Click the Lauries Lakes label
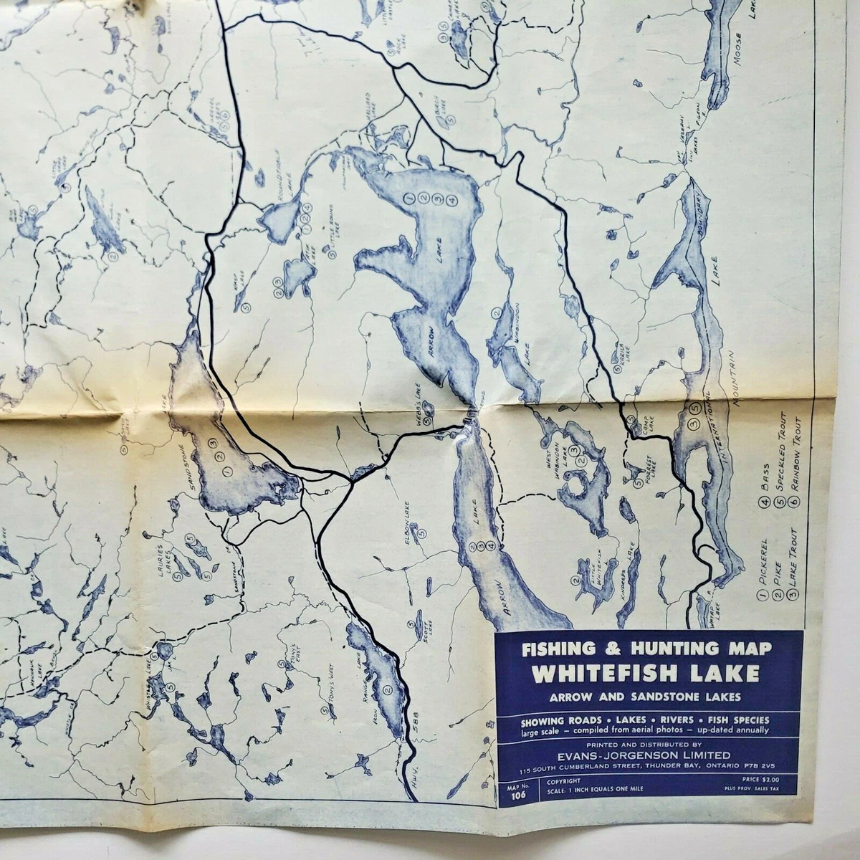[x=174, y=553]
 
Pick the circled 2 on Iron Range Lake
[x=388, y=690]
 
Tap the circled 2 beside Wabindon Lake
[x=496, y=313]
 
